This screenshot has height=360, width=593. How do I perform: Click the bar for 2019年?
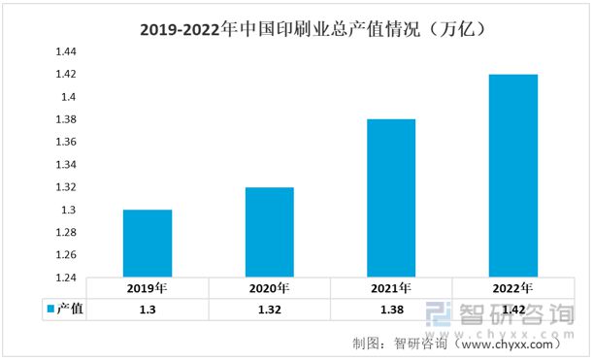tap(148, 244)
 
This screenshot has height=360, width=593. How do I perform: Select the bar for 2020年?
tap(269, 233)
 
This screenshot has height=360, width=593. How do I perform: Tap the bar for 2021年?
tap(390, 199)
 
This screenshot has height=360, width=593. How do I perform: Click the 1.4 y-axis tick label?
tap(66, 97)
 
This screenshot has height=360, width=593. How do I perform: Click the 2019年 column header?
tap(148, 289)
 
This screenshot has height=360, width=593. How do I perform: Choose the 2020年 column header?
tap(269, 289)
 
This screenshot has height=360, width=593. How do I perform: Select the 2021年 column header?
tap(391, 289)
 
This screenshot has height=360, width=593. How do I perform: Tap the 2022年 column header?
tap(512, 289)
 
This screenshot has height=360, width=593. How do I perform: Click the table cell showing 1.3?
tap(148, 309)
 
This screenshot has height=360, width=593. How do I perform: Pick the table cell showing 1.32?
tap(269, 309)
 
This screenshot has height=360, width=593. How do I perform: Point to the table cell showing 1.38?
tap(391, 309)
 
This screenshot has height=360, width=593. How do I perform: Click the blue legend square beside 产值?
tap(49, 309)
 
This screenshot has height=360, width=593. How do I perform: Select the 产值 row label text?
tap(70, 309)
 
